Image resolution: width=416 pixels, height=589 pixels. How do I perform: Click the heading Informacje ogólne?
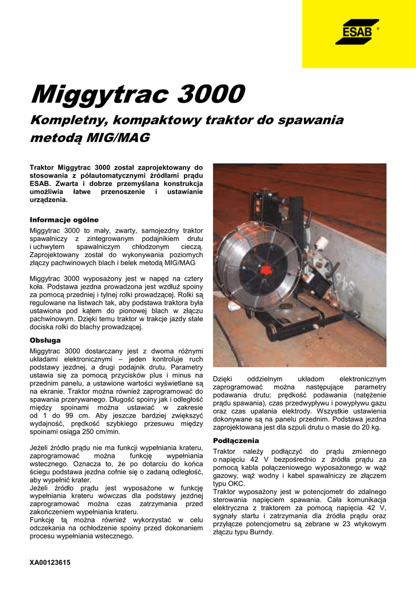(64, 220)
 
